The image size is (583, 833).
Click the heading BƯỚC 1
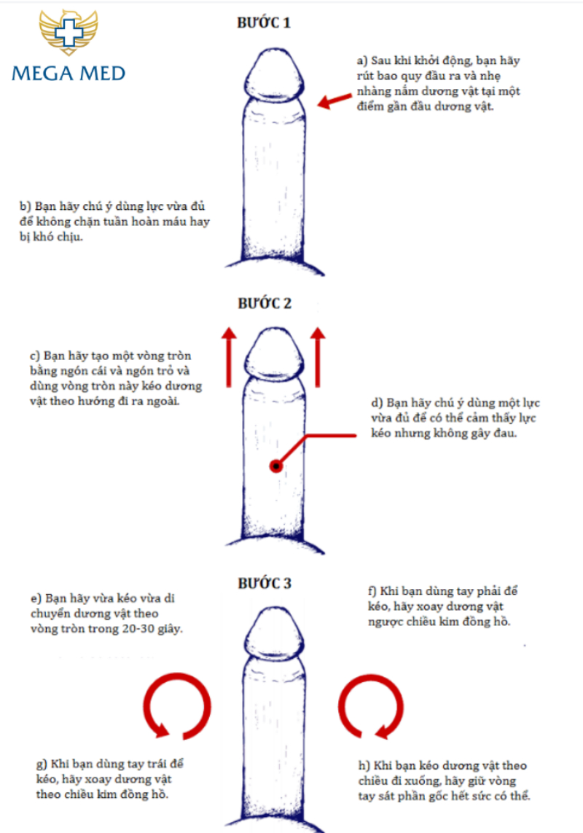(264, 23)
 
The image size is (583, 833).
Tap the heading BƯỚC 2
(264, 303)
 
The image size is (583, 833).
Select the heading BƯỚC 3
(264, 583)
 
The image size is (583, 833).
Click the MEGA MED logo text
(69, 73)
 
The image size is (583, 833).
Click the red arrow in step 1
(334, 101)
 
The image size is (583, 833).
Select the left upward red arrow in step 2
(228, 357)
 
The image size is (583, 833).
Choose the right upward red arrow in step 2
(317, 357)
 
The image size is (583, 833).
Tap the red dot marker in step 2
(275, 466)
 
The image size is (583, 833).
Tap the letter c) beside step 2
(34, 356)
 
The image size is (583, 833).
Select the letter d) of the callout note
(375, 403)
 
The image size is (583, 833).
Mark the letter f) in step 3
(375, 591)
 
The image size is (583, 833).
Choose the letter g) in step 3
(42, 764)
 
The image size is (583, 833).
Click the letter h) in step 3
(361, 765)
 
